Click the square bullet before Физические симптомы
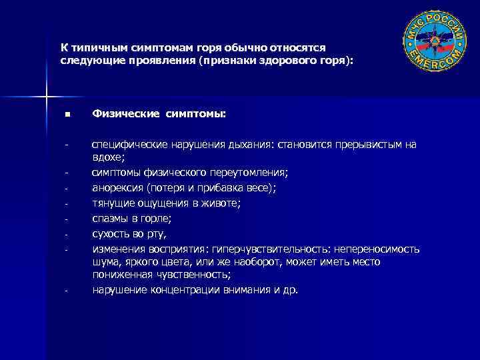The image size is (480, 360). pos(67,116)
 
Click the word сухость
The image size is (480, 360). pos(112,233)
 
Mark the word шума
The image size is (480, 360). pos(105,262)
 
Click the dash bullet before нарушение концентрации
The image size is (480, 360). pos(67,291)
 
